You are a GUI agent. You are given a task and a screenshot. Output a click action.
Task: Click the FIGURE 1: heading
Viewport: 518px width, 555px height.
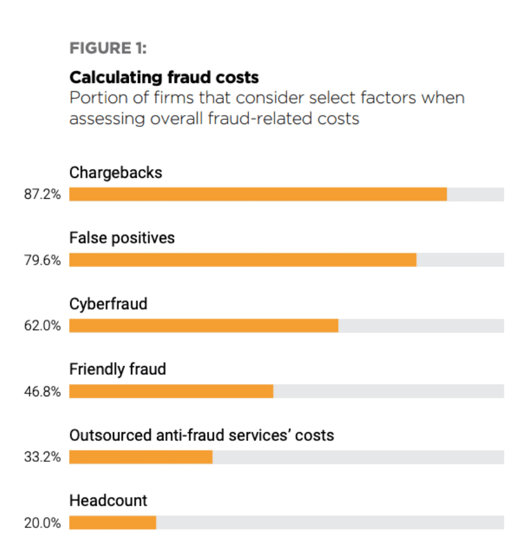(x=108, y=48)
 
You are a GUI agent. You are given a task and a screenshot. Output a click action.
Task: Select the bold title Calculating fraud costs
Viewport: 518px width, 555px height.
(x=164, y=77)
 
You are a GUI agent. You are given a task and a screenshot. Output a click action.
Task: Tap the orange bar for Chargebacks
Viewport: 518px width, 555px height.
(x=258, y=194)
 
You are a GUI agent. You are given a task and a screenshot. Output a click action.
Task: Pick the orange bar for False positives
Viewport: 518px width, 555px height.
(x=242, y=260)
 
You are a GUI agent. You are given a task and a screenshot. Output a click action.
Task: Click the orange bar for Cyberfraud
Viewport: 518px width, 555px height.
(x=203, y=326)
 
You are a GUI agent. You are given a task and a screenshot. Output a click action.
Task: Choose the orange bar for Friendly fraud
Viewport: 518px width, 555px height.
(x=171, y=392)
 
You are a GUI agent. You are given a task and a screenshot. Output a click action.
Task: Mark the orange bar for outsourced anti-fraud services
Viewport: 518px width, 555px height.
(x=141, y=457)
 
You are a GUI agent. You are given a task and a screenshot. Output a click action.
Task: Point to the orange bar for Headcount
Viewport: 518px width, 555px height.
(x=112, y=523)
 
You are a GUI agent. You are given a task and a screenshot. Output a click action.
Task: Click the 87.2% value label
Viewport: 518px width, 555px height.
(x=42, y=195)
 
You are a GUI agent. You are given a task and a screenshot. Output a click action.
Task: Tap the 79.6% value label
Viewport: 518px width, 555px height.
(x=42, y=260)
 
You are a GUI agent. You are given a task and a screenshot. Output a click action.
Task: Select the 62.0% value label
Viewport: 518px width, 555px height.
(x=42, y=326)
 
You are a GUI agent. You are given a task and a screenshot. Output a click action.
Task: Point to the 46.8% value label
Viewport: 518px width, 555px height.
(x=42, y=392)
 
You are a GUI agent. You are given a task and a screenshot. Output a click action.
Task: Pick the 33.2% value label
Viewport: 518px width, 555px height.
(x=42, y=457)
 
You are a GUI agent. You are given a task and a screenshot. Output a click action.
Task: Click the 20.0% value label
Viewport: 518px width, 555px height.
(x=42, y=523)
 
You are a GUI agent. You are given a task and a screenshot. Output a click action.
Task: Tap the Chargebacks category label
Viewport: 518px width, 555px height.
(x=116, y=173)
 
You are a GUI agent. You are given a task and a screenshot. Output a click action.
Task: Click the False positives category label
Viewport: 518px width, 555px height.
(x=122, y=238)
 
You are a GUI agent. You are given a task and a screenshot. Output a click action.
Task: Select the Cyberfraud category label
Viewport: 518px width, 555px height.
(x=108, y=304)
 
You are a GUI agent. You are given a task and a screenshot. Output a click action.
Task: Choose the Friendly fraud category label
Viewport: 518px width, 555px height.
(x=118, y=369)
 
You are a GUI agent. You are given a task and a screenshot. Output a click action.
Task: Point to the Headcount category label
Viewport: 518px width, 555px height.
(x=108, y=501)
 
